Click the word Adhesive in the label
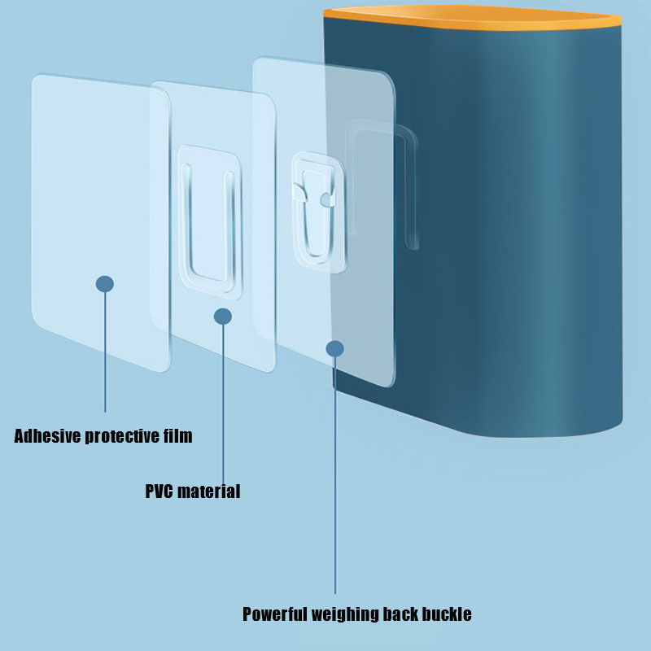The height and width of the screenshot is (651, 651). point(48,436)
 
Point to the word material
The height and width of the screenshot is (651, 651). point(208,492)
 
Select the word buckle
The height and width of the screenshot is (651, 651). point(446,614)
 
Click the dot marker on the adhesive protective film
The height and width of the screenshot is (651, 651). point(105,284)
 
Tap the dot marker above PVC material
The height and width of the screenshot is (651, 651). point(223,316)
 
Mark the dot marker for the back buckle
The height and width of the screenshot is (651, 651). point(334,349)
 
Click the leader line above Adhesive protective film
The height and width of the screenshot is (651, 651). point(105,350)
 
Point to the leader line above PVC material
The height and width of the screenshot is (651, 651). point(223,399)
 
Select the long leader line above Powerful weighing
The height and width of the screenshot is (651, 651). point(334,472)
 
